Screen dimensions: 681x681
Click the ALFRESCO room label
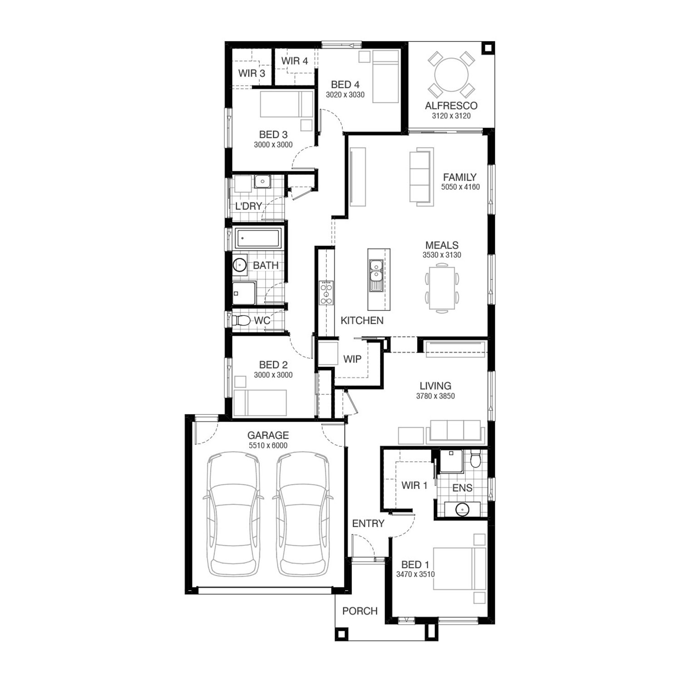point(451,106)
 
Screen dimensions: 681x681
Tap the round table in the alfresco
point(452,75)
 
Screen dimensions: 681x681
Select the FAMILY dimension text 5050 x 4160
point(460,187)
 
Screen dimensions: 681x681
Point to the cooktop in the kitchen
point(326,293)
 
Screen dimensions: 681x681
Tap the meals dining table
point(442,289)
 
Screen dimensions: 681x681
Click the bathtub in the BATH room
point(258,238)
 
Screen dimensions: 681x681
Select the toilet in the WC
point(241,321)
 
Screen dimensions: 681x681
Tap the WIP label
point(352,359)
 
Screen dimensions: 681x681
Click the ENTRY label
point(368,523)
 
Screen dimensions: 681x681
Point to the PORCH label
point(360,611)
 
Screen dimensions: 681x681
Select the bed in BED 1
point(459,568)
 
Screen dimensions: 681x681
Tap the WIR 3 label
point(252,73)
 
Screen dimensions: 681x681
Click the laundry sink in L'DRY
point(262,182)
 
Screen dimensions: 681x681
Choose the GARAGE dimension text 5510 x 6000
point(268,445)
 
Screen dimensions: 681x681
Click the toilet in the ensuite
point(476,459)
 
